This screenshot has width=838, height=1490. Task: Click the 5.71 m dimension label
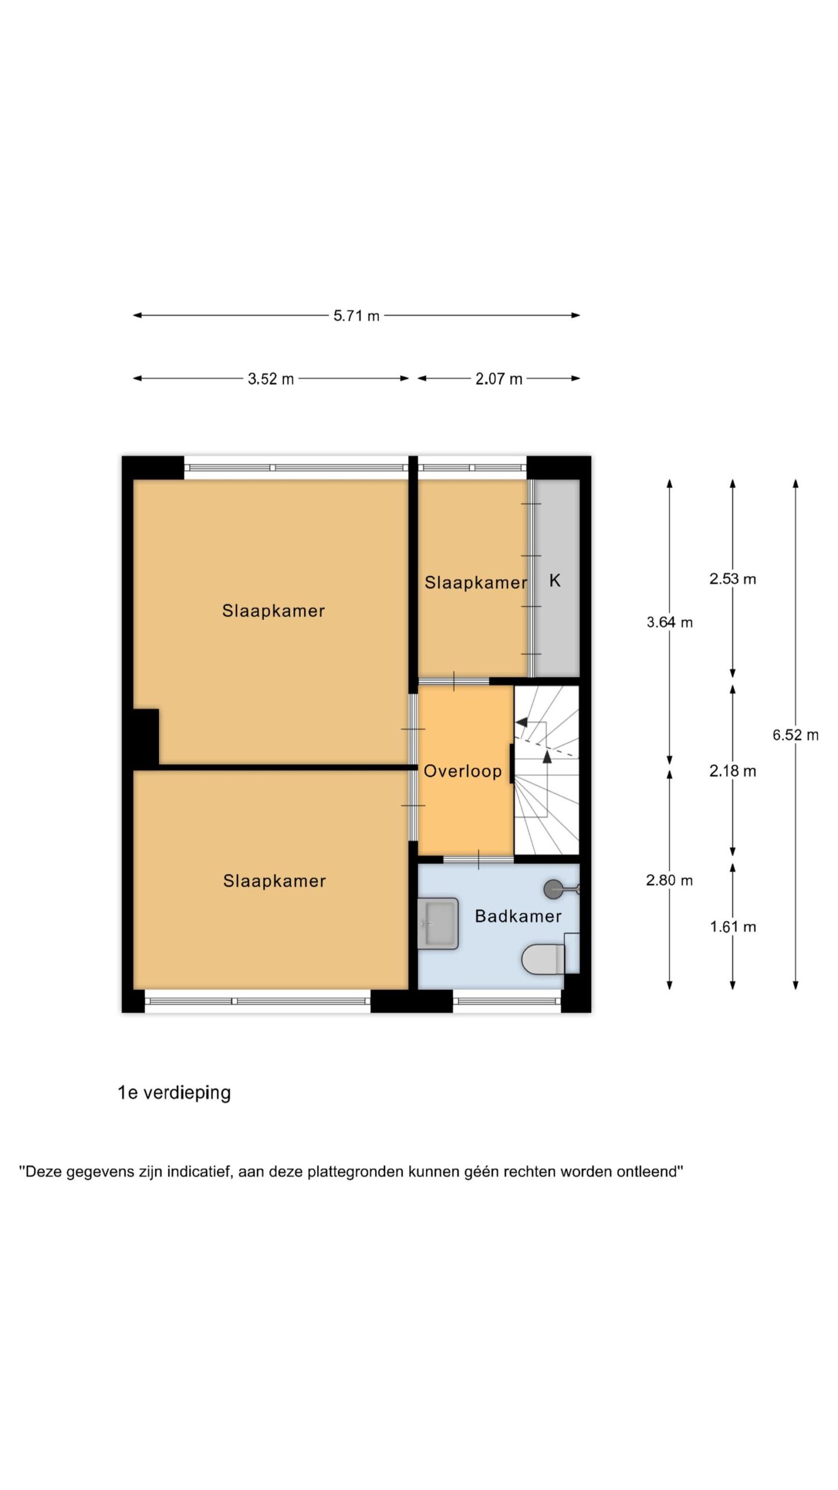click(x=356, y=316)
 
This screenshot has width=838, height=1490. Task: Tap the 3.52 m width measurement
click(x=271, y=379)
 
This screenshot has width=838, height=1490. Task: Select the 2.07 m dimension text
click(x=499, y=379)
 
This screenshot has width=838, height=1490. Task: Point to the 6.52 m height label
click(x=796, y=735)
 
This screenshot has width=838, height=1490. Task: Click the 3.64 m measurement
click(x=669, y=622)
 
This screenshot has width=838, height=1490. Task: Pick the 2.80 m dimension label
click(x=669, y=880)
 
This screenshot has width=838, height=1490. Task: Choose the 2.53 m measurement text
click(x=733, y=579)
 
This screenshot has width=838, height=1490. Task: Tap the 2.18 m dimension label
click(x=733, y=771)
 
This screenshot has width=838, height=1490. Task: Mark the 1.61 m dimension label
click(x=733, y=927)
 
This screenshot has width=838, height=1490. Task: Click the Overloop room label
click(x=463, y=771)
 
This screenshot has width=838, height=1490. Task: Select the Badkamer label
click(x=518, y=916)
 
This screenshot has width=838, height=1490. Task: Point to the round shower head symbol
click(x=553, y=889)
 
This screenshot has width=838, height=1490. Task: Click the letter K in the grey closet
click(x=555, y=580)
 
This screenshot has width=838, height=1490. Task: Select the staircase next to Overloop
click(x=546, y=770)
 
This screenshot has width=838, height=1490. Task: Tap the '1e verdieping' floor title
click(x=174, y=1093)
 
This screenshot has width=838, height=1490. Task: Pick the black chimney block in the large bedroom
click(x=146, y=736)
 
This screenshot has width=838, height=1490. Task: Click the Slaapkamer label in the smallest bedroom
click(x=475, y=583)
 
